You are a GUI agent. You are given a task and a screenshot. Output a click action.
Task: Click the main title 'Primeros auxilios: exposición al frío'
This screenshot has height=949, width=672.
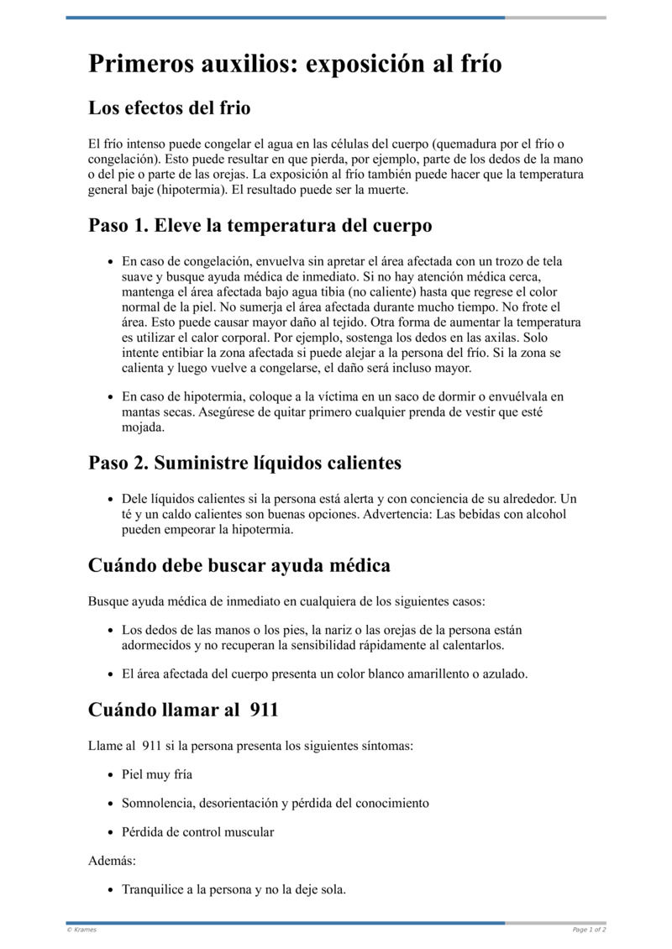point(295,64)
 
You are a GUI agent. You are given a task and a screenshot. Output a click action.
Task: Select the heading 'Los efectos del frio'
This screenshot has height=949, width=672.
point(169,108)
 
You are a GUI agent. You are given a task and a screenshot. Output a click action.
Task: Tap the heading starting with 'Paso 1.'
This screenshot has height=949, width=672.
point(260,226)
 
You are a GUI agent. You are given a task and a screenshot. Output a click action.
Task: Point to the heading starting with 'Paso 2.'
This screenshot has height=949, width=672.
point(244,463)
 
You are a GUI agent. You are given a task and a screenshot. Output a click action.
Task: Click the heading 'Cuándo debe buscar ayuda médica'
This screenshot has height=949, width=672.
point(239,565)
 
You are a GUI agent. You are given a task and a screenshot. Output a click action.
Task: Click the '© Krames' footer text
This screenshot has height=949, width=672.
point(82,930)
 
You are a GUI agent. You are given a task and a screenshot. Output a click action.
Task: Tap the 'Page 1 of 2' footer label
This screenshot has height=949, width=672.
point(589,930)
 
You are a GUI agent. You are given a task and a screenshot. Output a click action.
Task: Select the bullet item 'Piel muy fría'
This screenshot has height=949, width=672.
point(157,774)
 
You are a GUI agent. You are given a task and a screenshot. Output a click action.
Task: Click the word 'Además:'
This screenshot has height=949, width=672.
point(112,861)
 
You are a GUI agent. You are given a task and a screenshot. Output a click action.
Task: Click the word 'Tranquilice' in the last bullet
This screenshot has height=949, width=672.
point(157,889)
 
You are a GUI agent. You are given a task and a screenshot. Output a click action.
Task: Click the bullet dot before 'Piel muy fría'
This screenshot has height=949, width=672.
point(112,775)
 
